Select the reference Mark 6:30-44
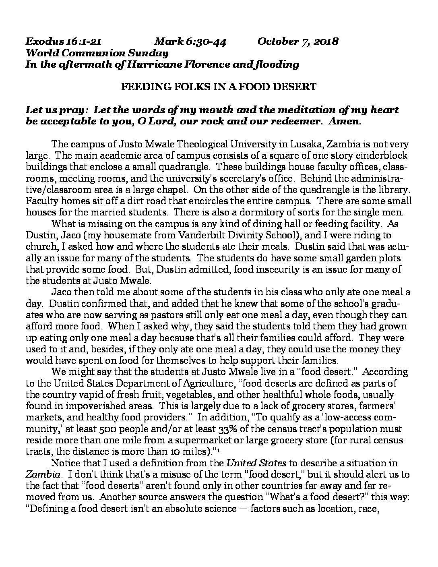pos(190,41)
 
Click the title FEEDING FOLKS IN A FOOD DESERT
pos(219,87)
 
